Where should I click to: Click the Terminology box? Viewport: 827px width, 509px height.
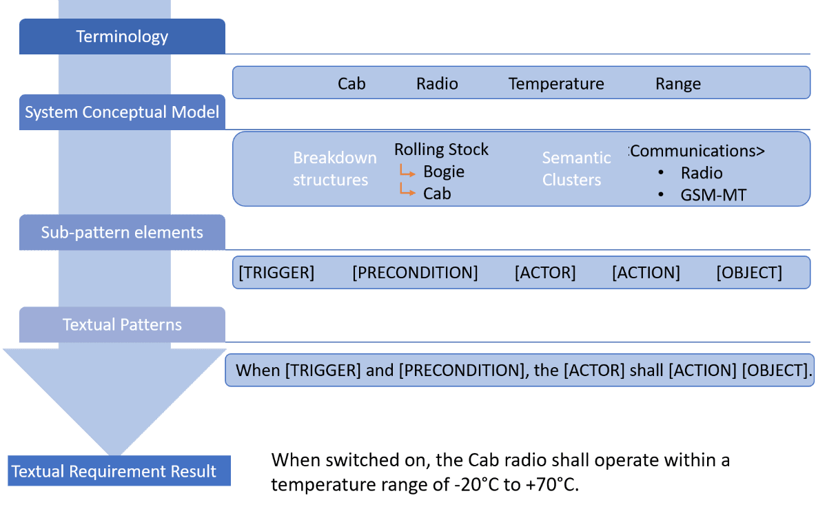(x=122, y=37)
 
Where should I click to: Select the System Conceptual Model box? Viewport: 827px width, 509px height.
(x=122, y=112)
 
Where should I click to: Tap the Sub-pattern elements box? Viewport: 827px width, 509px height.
(x=122, y=232)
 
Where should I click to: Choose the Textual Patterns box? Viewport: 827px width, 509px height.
(x=122, y=324)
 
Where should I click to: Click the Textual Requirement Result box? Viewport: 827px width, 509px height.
(x=119, y=470)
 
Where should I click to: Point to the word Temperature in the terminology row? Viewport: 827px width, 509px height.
(x=556, y=84)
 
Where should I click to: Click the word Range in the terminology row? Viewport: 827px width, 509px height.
(x=678, y=85)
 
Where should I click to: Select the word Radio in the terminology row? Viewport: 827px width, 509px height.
(x=437, y=84)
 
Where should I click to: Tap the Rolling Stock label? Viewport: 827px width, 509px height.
(x=441, y=149)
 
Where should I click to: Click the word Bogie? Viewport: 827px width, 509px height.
(x=444, y=172)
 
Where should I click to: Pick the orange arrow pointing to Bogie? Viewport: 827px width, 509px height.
(x=407, y=171)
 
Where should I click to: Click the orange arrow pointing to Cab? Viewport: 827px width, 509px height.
(x=407, y=190)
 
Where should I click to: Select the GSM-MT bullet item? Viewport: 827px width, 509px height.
(x=713, y=195)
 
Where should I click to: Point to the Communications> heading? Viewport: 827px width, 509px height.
(x=697, y=151)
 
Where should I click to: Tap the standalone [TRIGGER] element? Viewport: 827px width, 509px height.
(x=276, y=273)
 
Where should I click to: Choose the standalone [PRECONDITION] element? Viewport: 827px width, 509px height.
(x=415, y=273)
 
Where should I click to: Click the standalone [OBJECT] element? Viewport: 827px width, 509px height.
(x=749, y=273)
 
